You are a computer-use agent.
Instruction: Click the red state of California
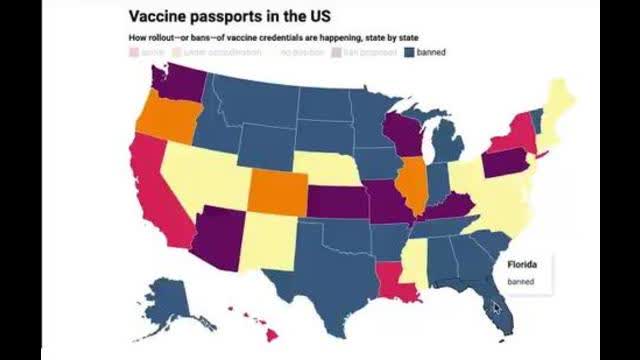(150, 190)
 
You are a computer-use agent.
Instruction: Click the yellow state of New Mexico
(261, 241)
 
